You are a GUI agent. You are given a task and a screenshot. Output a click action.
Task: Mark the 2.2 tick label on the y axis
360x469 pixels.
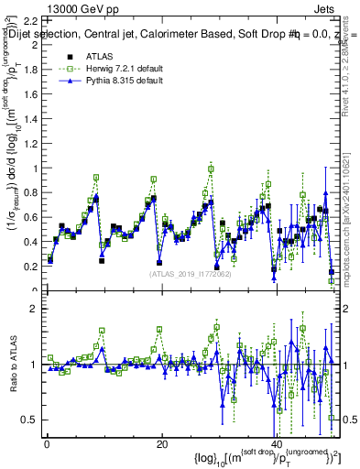pyautogui.click(x=31, y=20)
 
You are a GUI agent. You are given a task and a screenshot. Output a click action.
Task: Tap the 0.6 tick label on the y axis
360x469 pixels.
pyautogui.click(x=31, y=217)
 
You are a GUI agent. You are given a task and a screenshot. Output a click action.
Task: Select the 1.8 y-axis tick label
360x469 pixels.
pyautogui.click(x=31, y=70)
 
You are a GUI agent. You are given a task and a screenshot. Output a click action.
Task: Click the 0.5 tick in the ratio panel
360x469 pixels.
pyautogui.click(x=31, y=420)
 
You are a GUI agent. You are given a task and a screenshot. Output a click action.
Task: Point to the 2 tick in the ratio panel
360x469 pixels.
pyautogui.click(x=35, y=308)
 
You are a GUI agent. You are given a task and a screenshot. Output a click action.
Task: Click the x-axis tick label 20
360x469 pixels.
pyautogui.click(x=161, y=443)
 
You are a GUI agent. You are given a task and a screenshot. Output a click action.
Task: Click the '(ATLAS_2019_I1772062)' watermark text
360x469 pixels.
pyautogui.click(x=191, y=273)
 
